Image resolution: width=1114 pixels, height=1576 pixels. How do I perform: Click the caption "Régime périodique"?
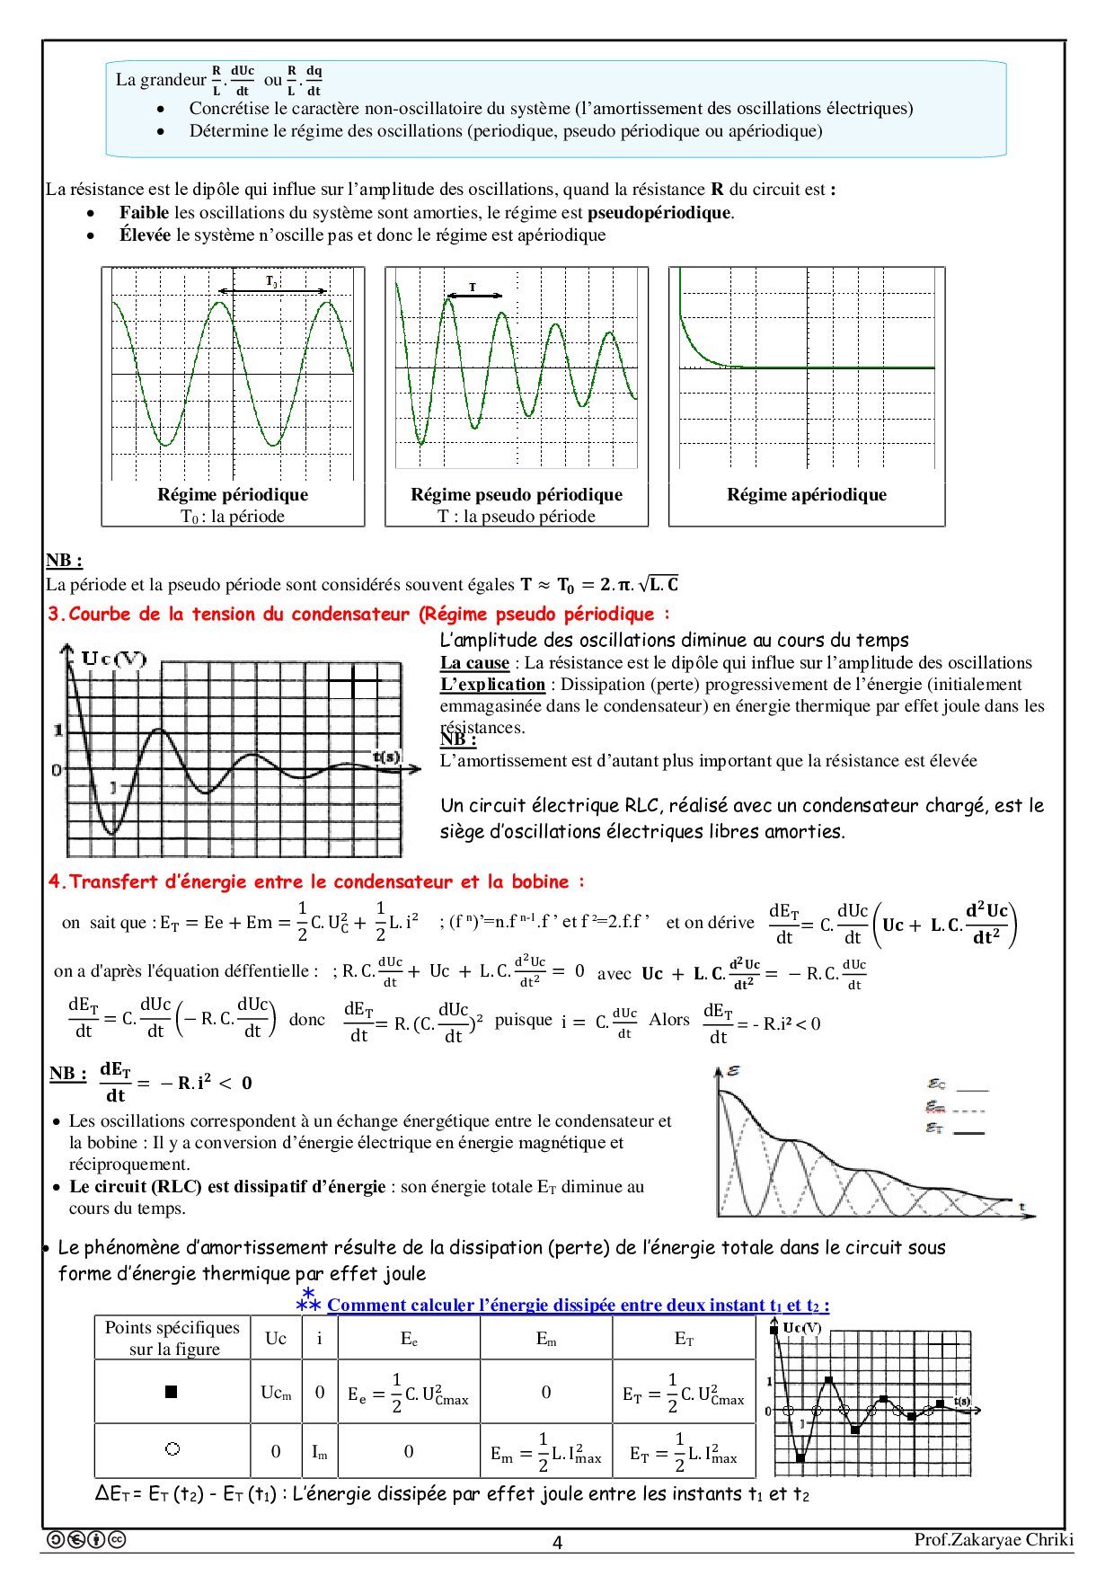(233, 494)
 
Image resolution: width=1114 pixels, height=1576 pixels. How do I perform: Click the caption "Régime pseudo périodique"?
(517, 494)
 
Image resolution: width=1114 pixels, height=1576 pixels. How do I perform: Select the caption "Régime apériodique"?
(807, 494)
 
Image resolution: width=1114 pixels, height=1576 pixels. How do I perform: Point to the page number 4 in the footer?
(557, 1543)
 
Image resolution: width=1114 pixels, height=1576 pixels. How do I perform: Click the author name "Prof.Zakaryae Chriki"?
(994, 1539)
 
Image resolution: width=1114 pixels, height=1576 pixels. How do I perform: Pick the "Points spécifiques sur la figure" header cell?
(172, 1338)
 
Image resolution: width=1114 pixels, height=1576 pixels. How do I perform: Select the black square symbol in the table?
(172, 1392)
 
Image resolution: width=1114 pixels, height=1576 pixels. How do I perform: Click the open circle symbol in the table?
(172, 1448)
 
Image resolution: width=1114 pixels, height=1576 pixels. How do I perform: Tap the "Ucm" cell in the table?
(276, 1393)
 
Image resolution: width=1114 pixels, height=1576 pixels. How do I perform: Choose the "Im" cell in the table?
(319, 1451)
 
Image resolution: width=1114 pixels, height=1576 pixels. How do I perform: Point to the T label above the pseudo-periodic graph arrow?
(473, 287)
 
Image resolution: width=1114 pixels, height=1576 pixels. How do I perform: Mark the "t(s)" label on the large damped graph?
(387, 757)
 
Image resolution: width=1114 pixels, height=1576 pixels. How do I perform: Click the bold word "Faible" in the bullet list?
(144, 213)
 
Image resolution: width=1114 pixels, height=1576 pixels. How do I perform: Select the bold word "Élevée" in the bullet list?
(145, 235)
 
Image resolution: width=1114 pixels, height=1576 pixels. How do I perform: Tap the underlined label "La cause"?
(474, 663)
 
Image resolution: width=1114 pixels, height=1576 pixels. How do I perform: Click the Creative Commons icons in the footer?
(85, 1539)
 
